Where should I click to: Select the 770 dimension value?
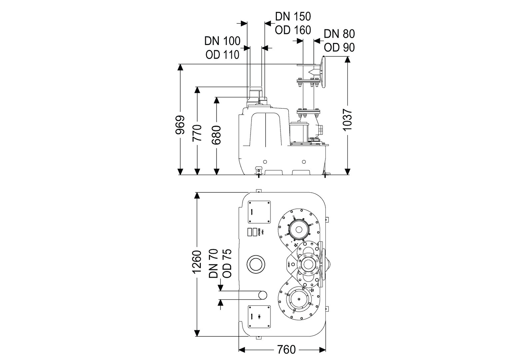point(198,133)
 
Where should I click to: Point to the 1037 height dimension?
point(347,120)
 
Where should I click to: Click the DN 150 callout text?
point(293,16)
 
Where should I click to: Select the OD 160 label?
point(293,30)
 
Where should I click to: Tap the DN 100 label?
point(222,41)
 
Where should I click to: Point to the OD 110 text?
point(222,54)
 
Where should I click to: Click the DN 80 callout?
point(339,34)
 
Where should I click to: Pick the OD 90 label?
point(339,47)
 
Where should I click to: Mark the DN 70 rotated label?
point(213,264)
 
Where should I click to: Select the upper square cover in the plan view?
point(259,212)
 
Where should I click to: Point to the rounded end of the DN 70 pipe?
point(263,295)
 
